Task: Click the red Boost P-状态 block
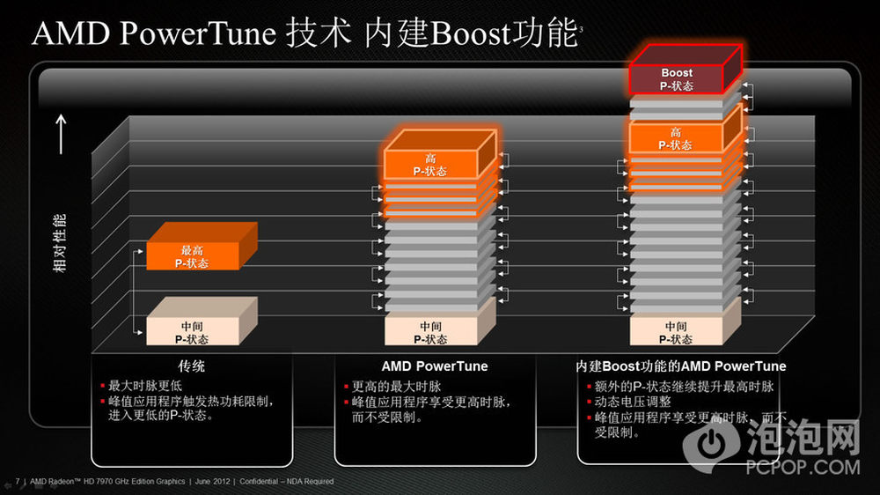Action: (x=685, y=70)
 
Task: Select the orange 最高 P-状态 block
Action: (x=202, y=247)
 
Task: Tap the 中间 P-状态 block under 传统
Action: (x=202, y=322)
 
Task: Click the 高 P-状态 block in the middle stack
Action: (x=440, y=155)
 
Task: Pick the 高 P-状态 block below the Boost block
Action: (x=685, y=130)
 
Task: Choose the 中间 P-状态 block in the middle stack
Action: (x=440, y=322)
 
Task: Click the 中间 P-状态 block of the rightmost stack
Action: (x=686, y=322)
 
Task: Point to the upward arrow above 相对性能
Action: (x=62, y=134)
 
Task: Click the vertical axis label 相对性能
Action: (x=60, y=243)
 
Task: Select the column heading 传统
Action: (x=191, y=366)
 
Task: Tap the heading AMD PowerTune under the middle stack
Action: (x=435, y=366)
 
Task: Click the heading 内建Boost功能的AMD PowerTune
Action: (x=681, y=366)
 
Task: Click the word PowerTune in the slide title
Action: (x=198, y=33)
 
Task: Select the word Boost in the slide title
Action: (x=470, y=33)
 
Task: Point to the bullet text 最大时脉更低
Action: (x=145, y=386)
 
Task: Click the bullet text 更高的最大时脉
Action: (x=396, y=387)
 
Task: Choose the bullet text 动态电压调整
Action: (x=633, y=402)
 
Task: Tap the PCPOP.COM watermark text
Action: (x=803, y=467)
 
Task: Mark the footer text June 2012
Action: (x=212, y=482)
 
